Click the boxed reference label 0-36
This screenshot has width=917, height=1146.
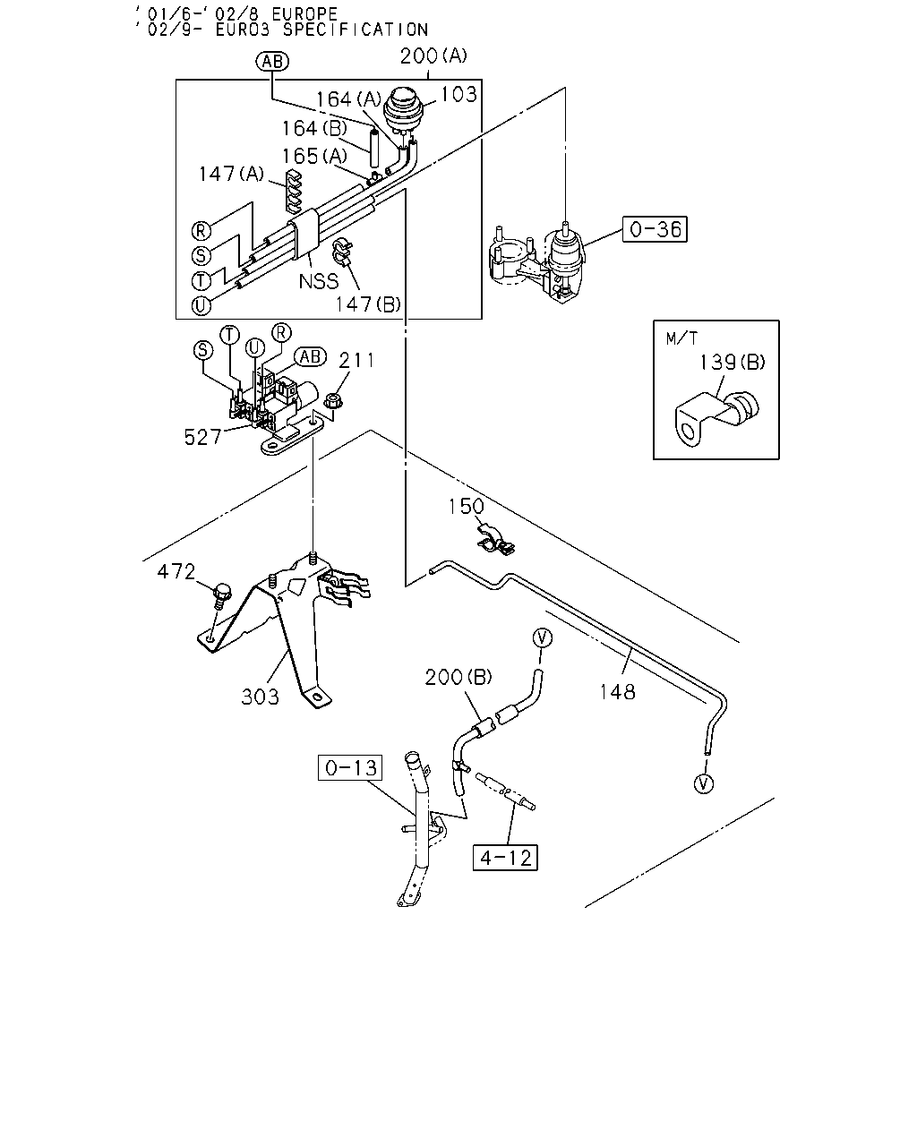655,229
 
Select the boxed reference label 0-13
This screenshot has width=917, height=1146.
350,767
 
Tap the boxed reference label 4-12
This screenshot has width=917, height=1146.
505,858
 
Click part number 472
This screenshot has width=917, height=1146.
176,572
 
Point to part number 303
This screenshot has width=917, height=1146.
260,697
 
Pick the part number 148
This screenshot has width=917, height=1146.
618,692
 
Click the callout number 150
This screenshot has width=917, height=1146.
466,507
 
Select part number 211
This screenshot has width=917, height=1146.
356,361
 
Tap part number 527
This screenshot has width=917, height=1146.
202,437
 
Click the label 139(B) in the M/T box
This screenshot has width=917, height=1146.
733,362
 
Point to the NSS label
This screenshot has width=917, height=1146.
319,281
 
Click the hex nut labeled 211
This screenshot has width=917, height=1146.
333,400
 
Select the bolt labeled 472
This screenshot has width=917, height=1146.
222,596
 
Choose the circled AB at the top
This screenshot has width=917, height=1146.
272,62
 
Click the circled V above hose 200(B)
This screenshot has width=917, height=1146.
543,637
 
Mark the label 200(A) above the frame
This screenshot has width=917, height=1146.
433,56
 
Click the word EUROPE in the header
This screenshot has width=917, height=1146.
304,13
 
